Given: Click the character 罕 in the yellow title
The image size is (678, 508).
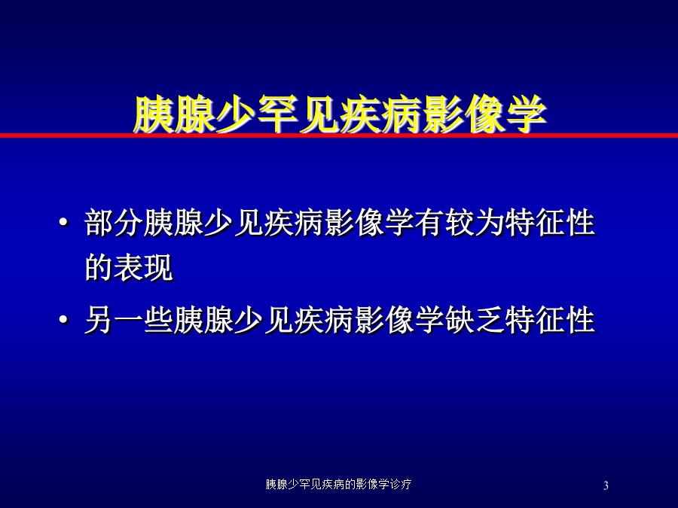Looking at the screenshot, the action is coord(277,114).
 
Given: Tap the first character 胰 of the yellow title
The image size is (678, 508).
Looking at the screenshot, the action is coord(154,114).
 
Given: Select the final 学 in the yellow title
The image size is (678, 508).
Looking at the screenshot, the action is coord(527,114).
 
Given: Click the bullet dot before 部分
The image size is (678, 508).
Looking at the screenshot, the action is coord(63,223).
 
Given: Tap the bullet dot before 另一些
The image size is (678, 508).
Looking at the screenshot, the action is coord(63,320).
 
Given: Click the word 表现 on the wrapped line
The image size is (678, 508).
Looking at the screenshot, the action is coord(144,268).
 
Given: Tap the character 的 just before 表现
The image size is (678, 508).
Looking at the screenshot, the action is coord(99,268).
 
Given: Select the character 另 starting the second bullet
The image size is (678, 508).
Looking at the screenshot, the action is coord(99,321).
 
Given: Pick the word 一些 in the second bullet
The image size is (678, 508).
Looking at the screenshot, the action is coord(144,321).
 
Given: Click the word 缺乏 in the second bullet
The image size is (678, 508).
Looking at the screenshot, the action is coord(475,321).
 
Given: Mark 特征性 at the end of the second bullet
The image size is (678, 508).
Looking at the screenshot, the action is coord(551,321).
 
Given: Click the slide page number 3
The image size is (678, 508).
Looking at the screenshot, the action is coord(606,485).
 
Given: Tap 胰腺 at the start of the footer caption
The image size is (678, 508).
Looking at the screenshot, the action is coord(276,484).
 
